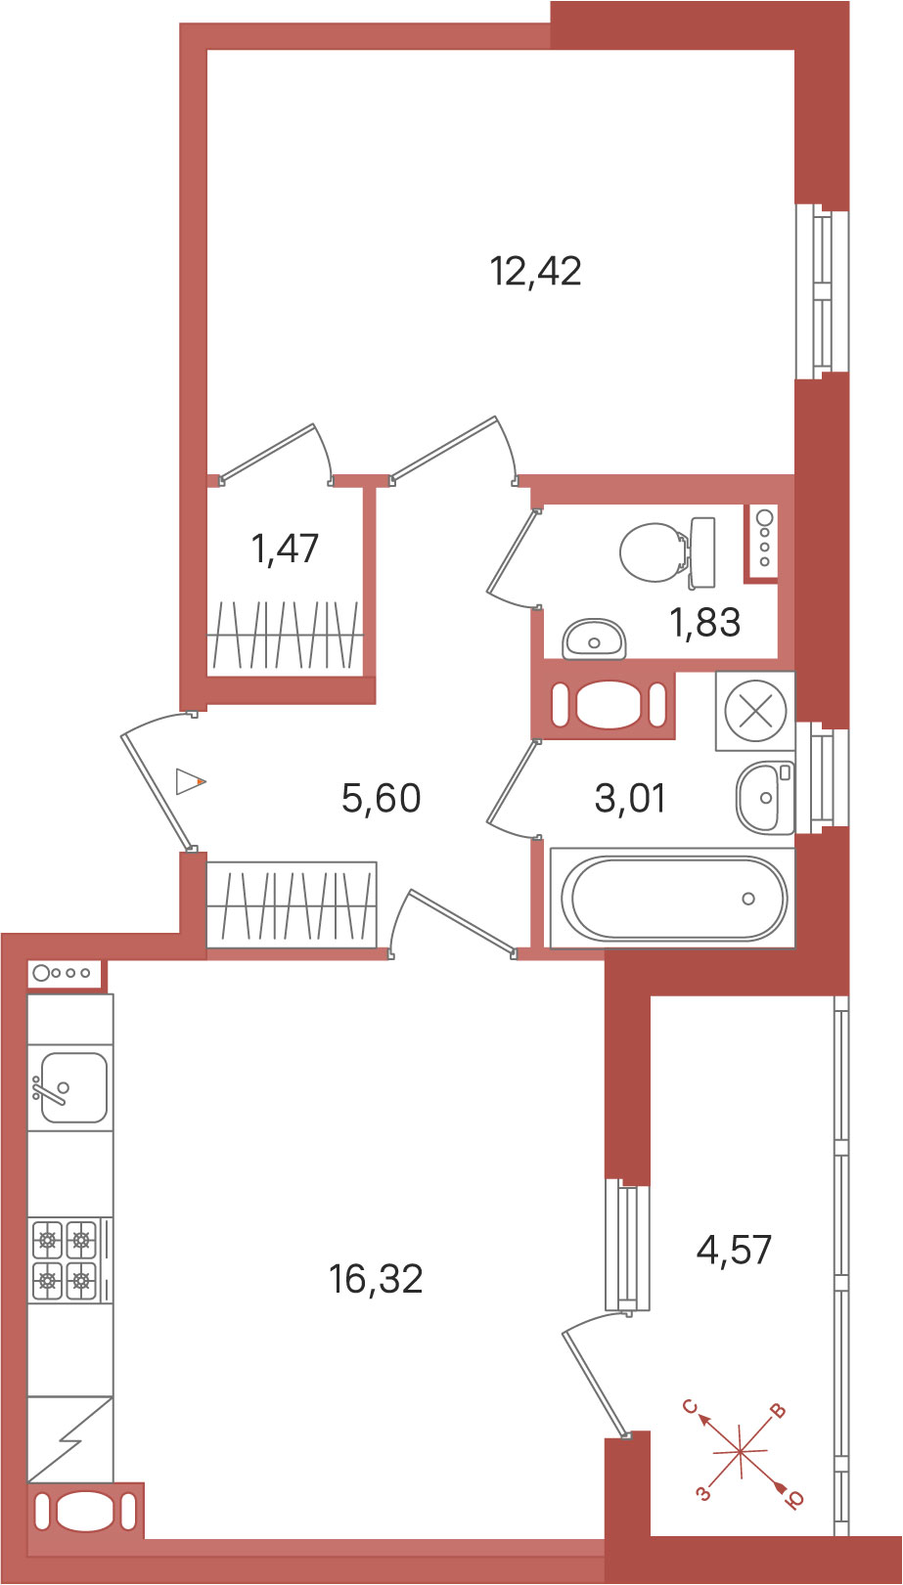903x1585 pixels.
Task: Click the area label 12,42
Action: coord(535,271)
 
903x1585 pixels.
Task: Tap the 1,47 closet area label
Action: coord(285,548)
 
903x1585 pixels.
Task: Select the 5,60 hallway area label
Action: coord(381,798)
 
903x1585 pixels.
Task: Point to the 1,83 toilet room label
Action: coord(704,622)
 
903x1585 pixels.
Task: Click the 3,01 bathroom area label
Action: coord(629,798)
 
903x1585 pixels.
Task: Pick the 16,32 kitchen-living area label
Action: coord(376,1278)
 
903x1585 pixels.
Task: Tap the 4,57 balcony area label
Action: coord(734,1250)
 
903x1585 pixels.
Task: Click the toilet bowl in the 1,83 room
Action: coord(654,551)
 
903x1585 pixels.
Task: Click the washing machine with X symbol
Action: coord(754,710)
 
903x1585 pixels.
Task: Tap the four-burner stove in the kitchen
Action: coord(65,1259)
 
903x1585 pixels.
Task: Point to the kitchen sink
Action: coord(70,1086)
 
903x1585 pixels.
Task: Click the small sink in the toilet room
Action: coord(594,639)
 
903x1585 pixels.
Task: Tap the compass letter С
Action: coord(690,1406)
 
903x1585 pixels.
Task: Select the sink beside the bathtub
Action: coord(764,797)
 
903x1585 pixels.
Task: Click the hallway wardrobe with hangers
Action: coord(292,904)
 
